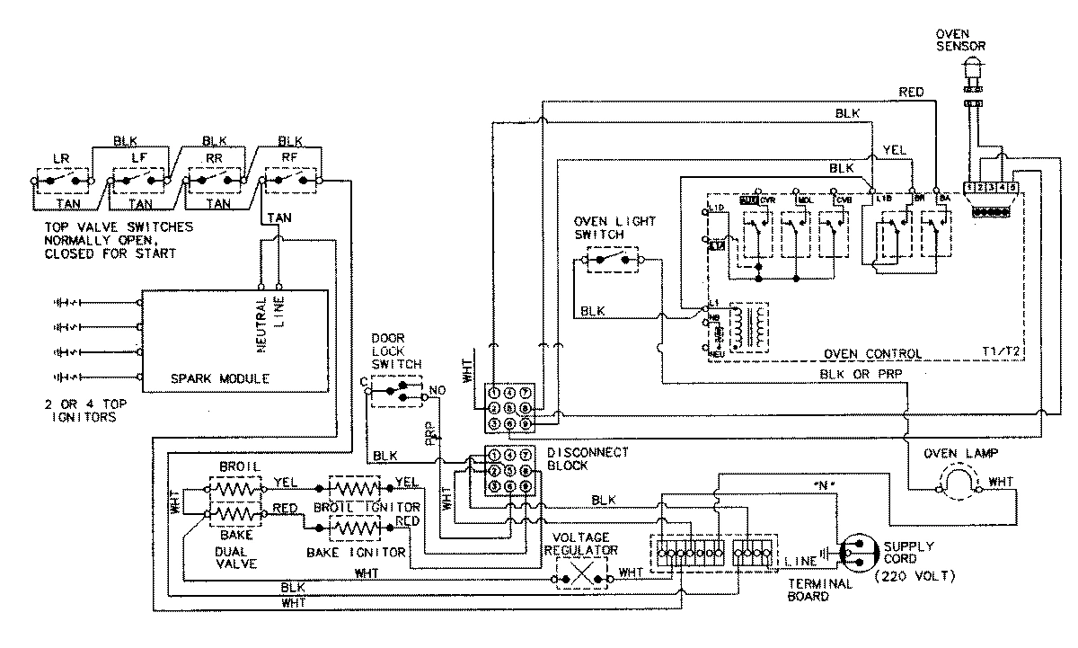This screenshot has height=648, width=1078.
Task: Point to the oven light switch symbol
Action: [x=612, y=261]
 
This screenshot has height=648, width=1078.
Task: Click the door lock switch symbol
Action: [x=396, y=391]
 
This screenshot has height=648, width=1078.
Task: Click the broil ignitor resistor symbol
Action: [x=356, y=488]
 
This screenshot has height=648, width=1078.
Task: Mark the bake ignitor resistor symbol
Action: [x=356, y=524]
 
